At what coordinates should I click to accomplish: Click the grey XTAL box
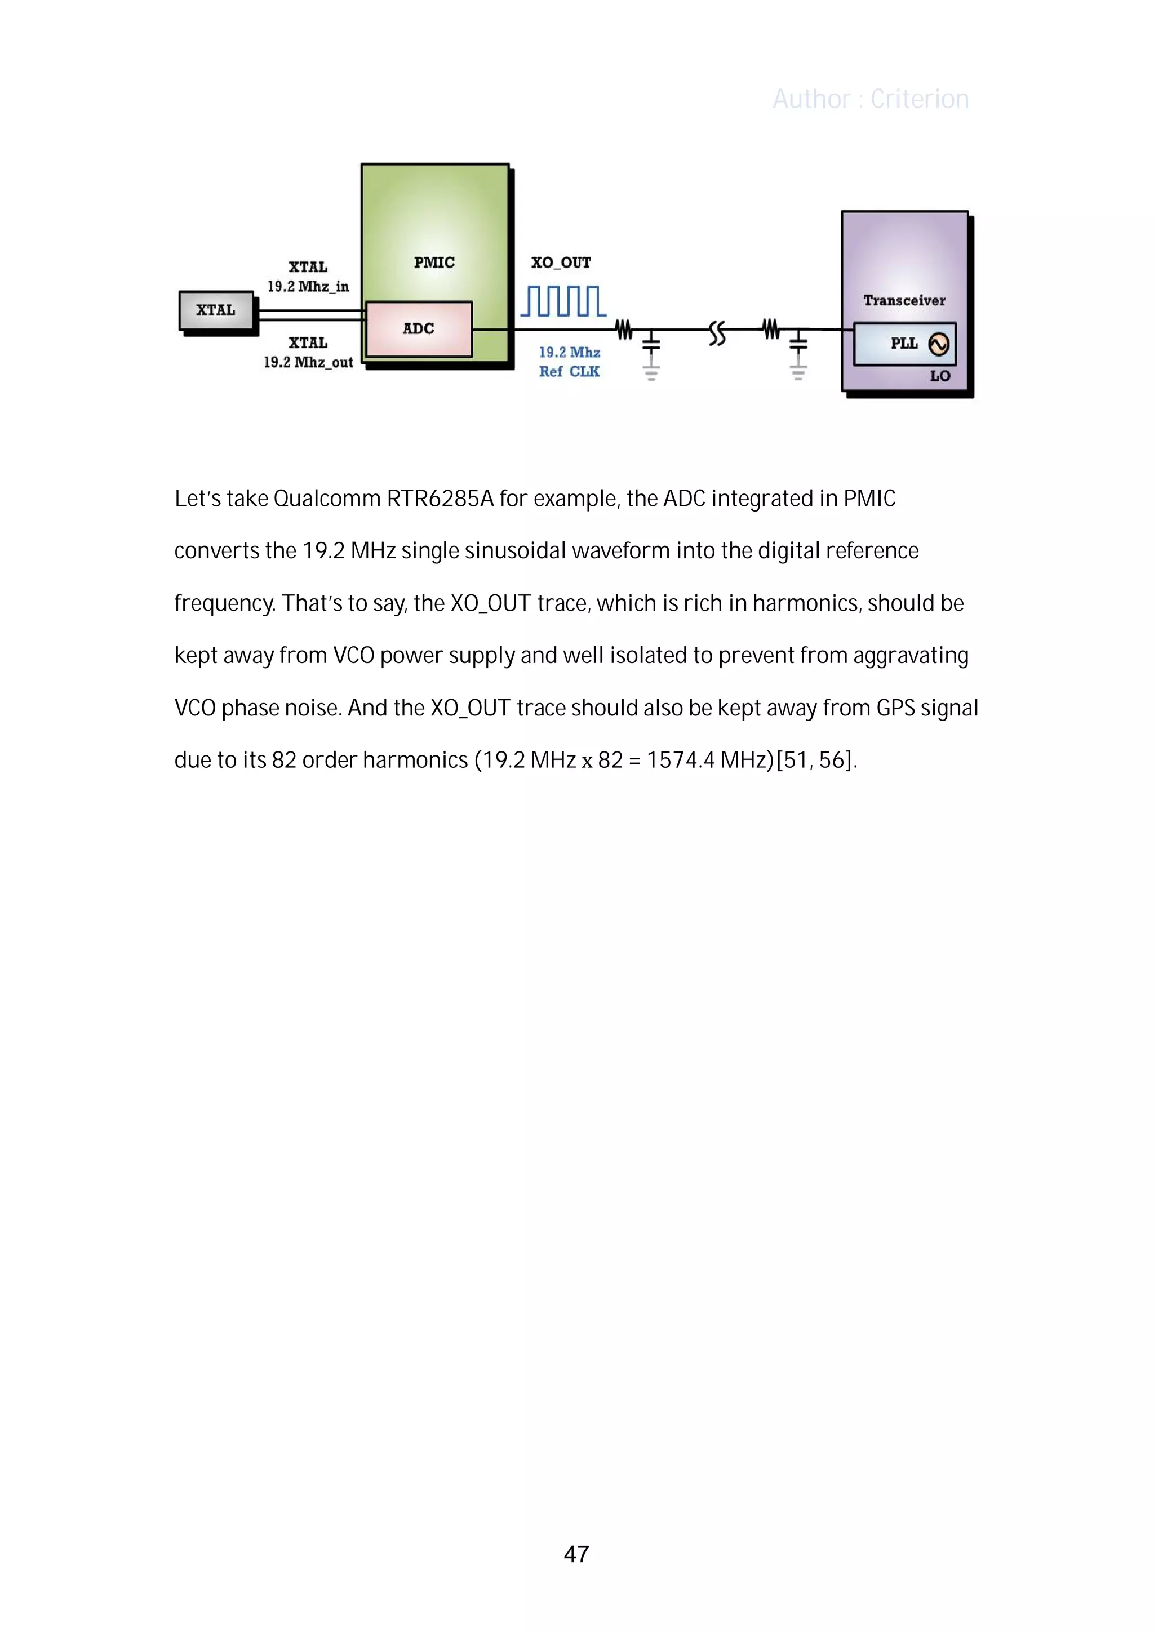(x=216, y=310)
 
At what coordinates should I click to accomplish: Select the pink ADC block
(x=418, y=329)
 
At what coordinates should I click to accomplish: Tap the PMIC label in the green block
(x=434, y=263)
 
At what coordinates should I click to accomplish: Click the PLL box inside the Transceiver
(x=904, y=344)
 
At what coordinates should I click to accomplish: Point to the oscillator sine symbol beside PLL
(x=939, y=345)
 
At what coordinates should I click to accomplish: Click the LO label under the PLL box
(x=939, y=376)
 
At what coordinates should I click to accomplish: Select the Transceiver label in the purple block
(x=904, y=301)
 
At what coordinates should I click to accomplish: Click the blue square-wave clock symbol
(x=563, y=301)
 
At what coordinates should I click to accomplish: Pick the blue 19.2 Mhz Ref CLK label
(x=569, y=362)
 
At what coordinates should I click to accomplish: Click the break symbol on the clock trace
(x=717, y=332)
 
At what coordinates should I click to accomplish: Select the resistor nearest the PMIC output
(x=624, y=330)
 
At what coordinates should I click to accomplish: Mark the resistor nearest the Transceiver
(x=771, y=330)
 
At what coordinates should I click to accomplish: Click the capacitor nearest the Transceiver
(x=798, y=344)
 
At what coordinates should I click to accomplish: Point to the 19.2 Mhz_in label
(x=308, y=286)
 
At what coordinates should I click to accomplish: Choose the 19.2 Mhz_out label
(x=308, y=362)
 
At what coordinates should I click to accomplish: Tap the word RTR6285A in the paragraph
(x=440, y=499)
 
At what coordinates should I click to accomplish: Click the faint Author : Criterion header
(x=871, y=100)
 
